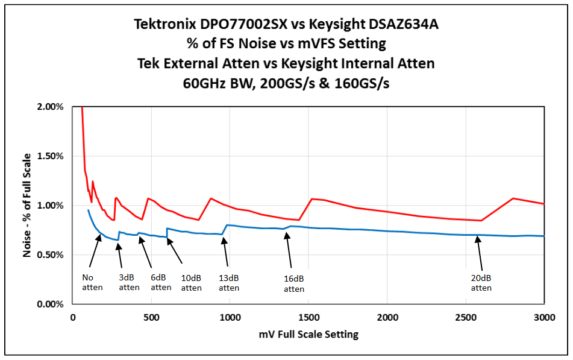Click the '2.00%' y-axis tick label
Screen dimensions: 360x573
(x=50, y=107)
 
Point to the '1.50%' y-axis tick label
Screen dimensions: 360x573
(x=50, y=156)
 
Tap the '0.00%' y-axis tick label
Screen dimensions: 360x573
(x=50, y=305)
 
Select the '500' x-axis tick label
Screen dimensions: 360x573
(x=151, y=317)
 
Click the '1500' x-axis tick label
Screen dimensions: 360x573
(x=308, y=317)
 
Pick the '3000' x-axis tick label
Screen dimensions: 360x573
(x=543, y=317)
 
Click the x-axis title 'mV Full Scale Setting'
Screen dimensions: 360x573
(x=308, y=333)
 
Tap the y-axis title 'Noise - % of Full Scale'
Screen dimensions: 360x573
(x=27, y=205)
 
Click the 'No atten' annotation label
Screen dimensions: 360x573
(x=92, y=282)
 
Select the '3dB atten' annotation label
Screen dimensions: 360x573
(x=129, y=282)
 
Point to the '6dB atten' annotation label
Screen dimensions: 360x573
(x=161, y=282)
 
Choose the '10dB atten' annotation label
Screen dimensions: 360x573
(x=192, y=283)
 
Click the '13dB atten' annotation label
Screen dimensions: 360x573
(x=229, y=283)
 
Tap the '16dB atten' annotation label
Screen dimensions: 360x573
(x=294, y=284)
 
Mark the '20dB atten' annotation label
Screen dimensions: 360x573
(x=481, y=283)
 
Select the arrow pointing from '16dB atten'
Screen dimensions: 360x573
(x=289, y=250)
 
